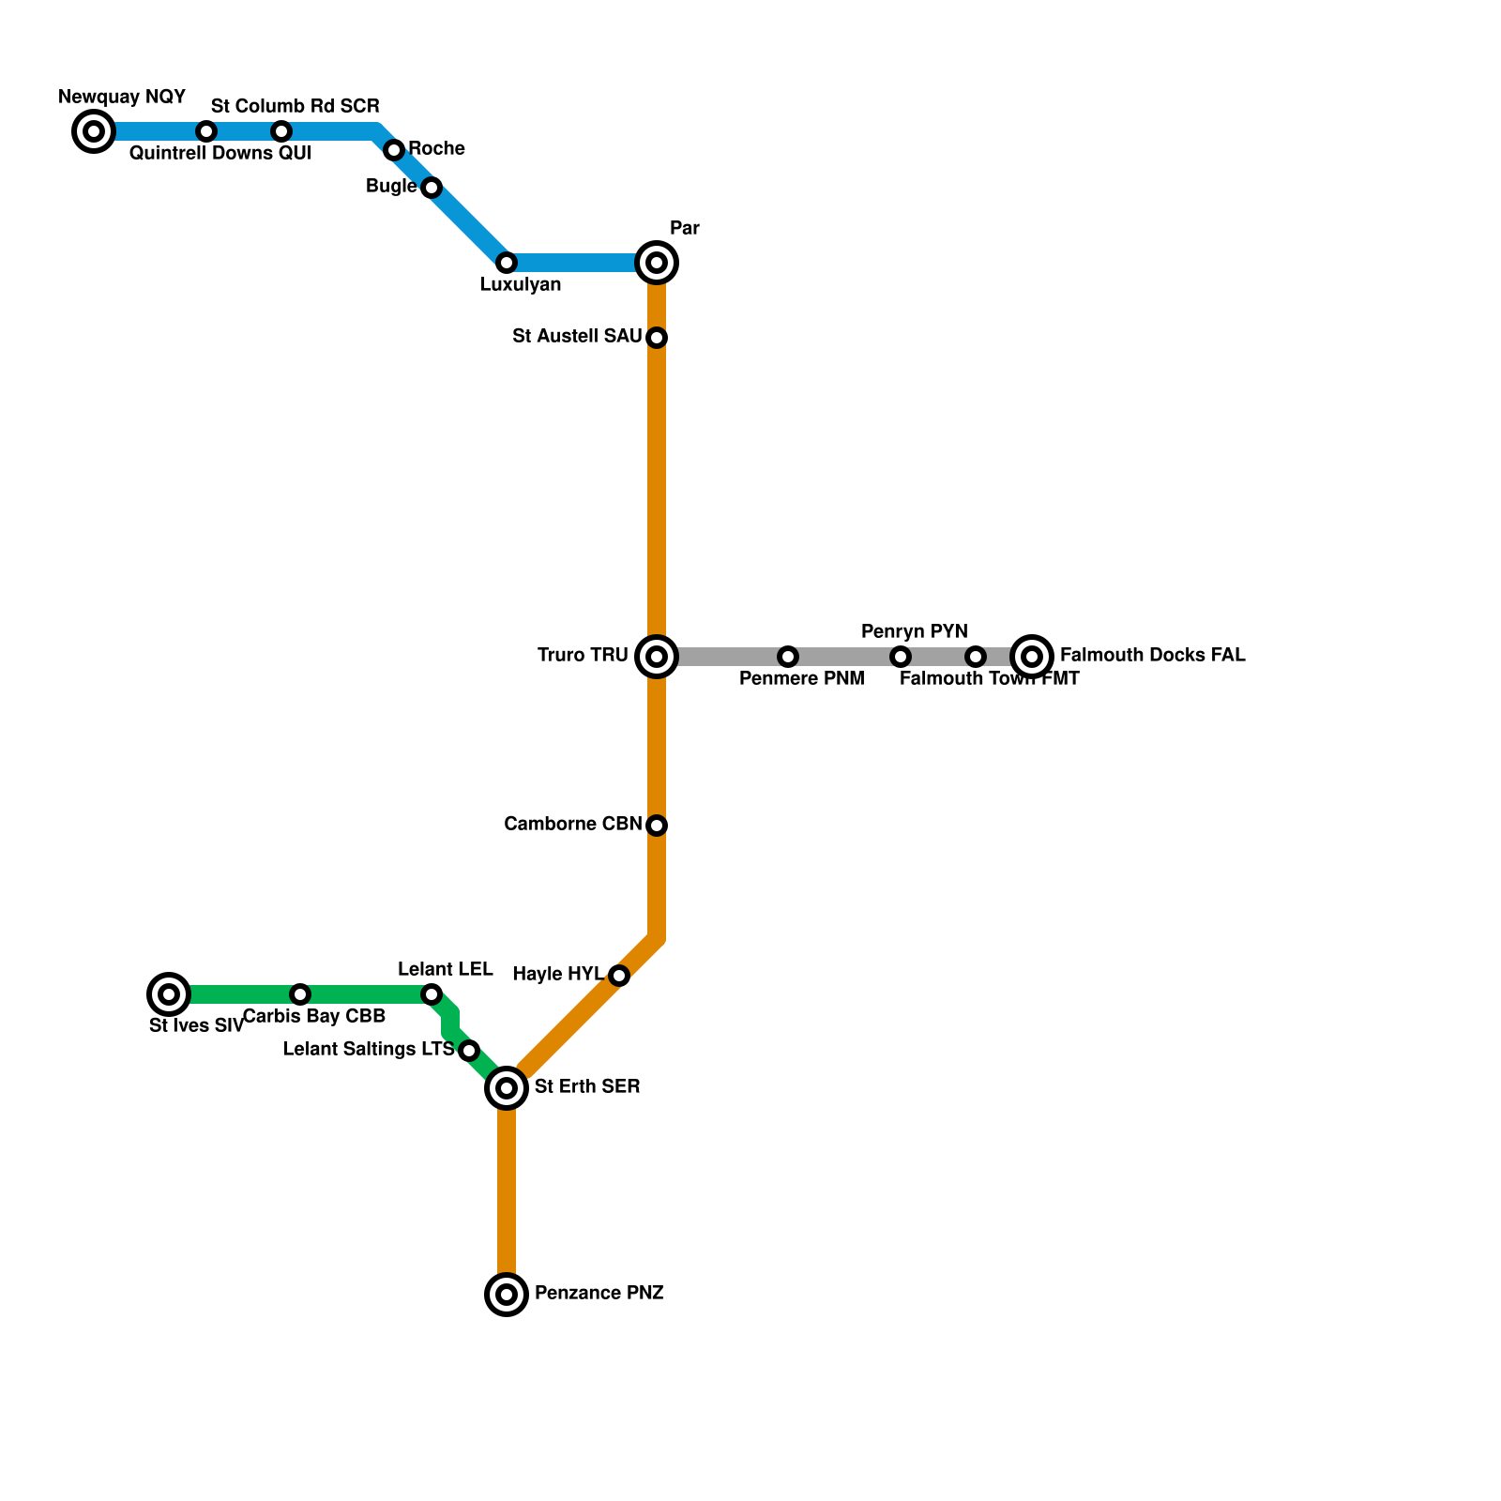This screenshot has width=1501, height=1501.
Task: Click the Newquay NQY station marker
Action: [x=94, y=131]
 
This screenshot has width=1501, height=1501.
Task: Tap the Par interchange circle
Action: [x=657, y=263]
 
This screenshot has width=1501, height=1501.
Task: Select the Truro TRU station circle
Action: [x=657, y=657]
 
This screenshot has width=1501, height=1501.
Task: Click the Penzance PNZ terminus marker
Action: [x=507, y=1295]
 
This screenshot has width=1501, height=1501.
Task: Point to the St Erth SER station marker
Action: [x=507, y=1088]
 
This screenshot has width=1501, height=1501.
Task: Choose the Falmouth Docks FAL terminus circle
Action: [x=1032, y=657]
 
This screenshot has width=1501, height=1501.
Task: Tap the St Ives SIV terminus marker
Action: [x=169, y=994]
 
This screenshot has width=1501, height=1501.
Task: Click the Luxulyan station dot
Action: [x=507, y=263]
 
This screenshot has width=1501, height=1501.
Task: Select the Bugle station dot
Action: [x=432, y=188]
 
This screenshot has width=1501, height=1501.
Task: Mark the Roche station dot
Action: [x=394, y=150]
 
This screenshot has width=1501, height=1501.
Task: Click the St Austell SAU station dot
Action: [x=657, y=338]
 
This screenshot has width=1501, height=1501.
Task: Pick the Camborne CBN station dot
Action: [x=657, y=826]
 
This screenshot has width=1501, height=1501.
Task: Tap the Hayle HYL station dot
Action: [x=619, y=976]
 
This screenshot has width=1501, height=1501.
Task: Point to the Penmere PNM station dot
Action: [x=788, y=657]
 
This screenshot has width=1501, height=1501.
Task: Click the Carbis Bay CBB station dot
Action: [x=300, y=994]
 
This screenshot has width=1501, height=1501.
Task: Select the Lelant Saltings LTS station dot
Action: [x=469, y=1051]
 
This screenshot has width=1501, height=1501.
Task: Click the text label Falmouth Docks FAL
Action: [x=1152, y=656]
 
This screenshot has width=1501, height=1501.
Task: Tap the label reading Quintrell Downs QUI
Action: [x=220, y=154]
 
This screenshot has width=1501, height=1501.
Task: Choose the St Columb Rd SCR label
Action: [x=295, y=106]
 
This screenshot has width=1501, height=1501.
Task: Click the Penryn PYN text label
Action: [x=914, y=631]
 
